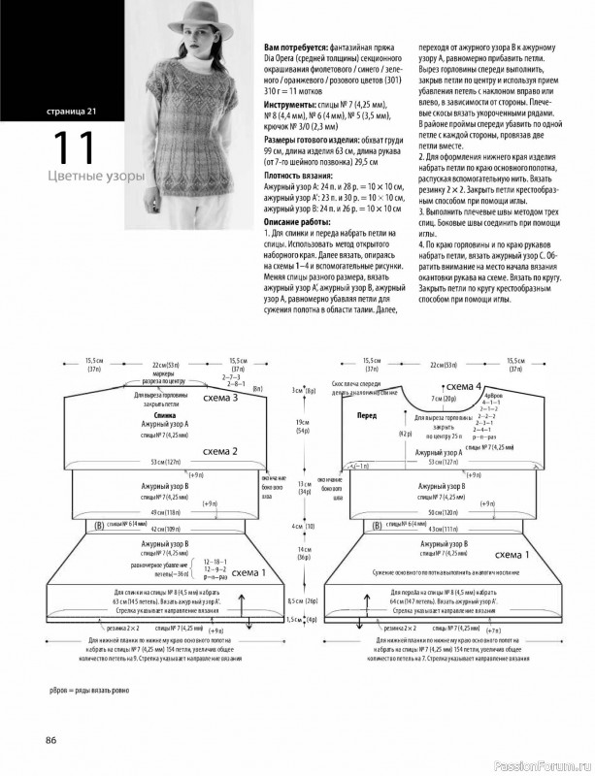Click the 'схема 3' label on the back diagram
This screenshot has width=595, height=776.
click(x=221, y=398)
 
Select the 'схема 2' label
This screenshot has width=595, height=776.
click(x=221, y=451)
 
